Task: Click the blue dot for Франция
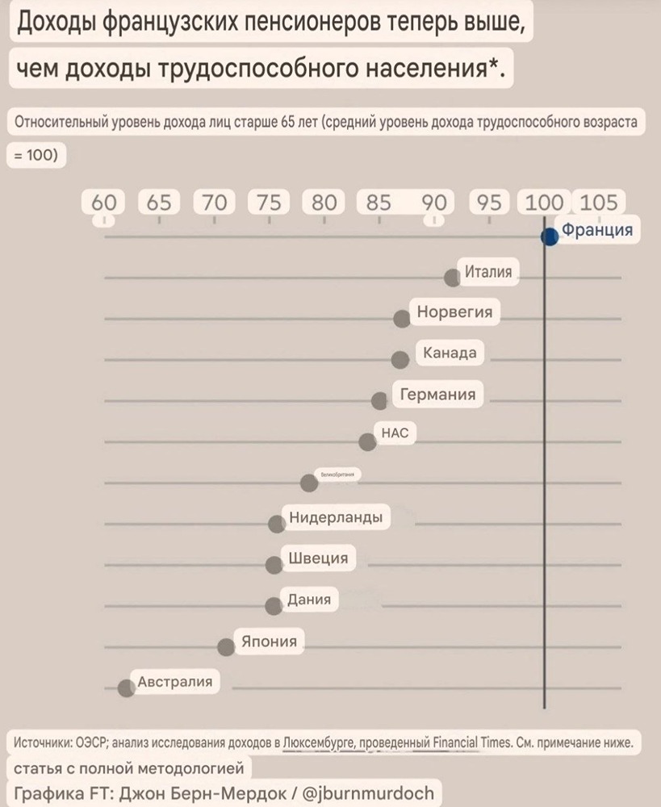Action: coord(550,236)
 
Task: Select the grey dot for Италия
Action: coord(453,277)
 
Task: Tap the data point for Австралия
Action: coord(126,688)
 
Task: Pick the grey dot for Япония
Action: coord(227,646)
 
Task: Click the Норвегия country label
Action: coord(454,312)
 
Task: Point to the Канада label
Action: coord(450,353)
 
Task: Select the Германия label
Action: coord(437,395)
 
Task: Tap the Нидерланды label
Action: coord(335,517)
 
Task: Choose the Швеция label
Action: coord(318,558)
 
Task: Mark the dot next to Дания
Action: coord(274,605)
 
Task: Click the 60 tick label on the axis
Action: coord(103,203)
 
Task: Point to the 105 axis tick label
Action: coord(598,203)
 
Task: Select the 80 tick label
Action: coord(324,203)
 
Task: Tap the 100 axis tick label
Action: coord(544,203)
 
